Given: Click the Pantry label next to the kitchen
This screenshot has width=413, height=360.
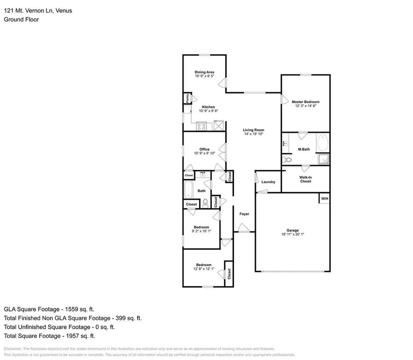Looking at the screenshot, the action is [x=188, y=98].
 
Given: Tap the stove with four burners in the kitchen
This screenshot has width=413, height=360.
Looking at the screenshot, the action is [x=201, y=125].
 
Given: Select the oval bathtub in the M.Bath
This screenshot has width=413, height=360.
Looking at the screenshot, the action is [x=322, y=143].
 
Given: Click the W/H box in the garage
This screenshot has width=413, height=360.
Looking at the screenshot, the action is [x=324, y=199].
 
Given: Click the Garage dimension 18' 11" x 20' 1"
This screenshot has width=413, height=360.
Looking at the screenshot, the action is [x=292, y=234].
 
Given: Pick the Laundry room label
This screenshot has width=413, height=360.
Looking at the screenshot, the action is [x=268, y=182].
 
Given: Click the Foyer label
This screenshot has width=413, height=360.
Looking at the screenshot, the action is [x=244, y=214].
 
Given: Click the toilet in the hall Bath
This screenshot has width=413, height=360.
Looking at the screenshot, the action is [x=205, y=202].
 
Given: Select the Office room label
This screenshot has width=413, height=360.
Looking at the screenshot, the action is [x=204, y=150].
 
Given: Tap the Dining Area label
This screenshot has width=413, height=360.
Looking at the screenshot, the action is [x=204, y=72].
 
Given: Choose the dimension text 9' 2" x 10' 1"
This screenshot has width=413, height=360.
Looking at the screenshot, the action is [x=201, y=231].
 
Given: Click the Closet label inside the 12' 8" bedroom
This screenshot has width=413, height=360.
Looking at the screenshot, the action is [x=229, y=274].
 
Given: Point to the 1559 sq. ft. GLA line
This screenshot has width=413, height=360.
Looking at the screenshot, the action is [x=50, y=309].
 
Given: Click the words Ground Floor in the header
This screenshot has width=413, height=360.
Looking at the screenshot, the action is [x=21, y=19].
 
